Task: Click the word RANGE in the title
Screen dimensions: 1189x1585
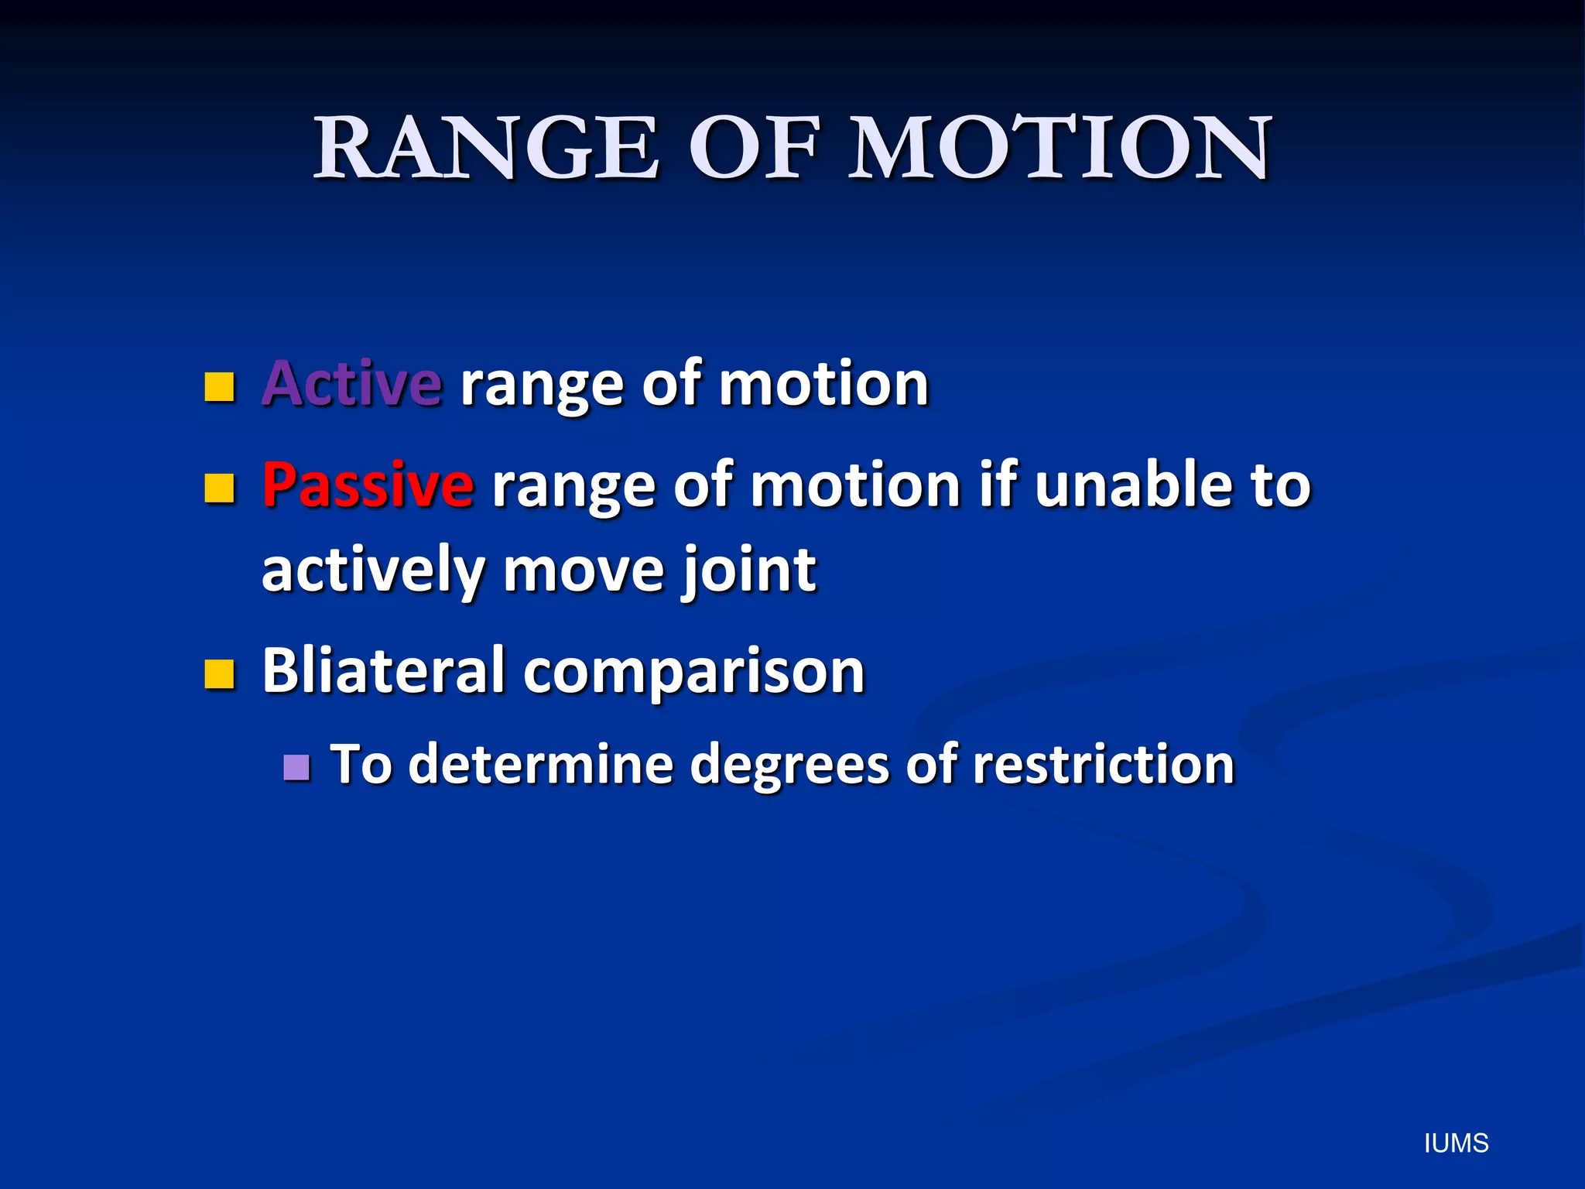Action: (486, 149)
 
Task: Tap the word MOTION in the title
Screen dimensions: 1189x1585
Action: (1060, 149)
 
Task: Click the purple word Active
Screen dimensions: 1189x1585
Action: (352, 384)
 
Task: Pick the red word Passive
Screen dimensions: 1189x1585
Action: (368, 485)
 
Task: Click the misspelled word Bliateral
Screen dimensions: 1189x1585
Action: (384, 670)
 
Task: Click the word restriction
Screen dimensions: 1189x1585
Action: (1103, 765)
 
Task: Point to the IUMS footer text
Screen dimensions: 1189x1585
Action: (1456, 1143)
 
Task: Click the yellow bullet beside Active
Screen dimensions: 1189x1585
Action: (220, 386)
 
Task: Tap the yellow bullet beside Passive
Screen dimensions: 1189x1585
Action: (220, 488)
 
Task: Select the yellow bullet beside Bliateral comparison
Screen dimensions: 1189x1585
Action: (220, 673)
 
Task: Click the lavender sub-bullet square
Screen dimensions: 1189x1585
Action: (296, 767)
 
